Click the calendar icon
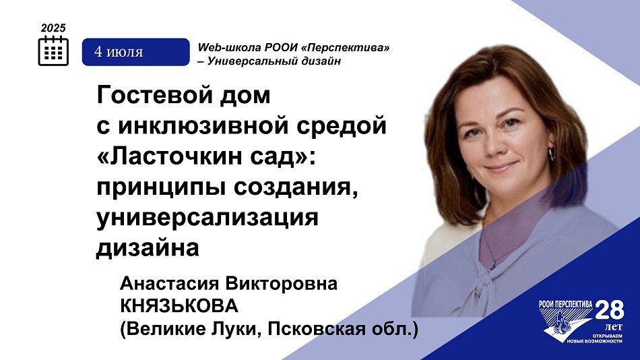click(x=53, y=51)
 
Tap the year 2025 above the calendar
click(x=53, y=28)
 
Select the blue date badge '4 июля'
click(x=136, y=52)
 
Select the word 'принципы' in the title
click(x=162, y=187)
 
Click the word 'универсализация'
click(x=207, y=217)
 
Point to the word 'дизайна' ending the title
click(x=148, y=248)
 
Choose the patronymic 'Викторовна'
click(x=281, y=284)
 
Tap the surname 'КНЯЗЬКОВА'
click(x=179, y=306)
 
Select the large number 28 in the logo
click(x=610, y=310)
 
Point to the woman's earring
click(x=552, y=154)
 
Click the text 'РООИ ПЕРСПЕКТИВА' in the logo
click(x=566, y=304)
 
